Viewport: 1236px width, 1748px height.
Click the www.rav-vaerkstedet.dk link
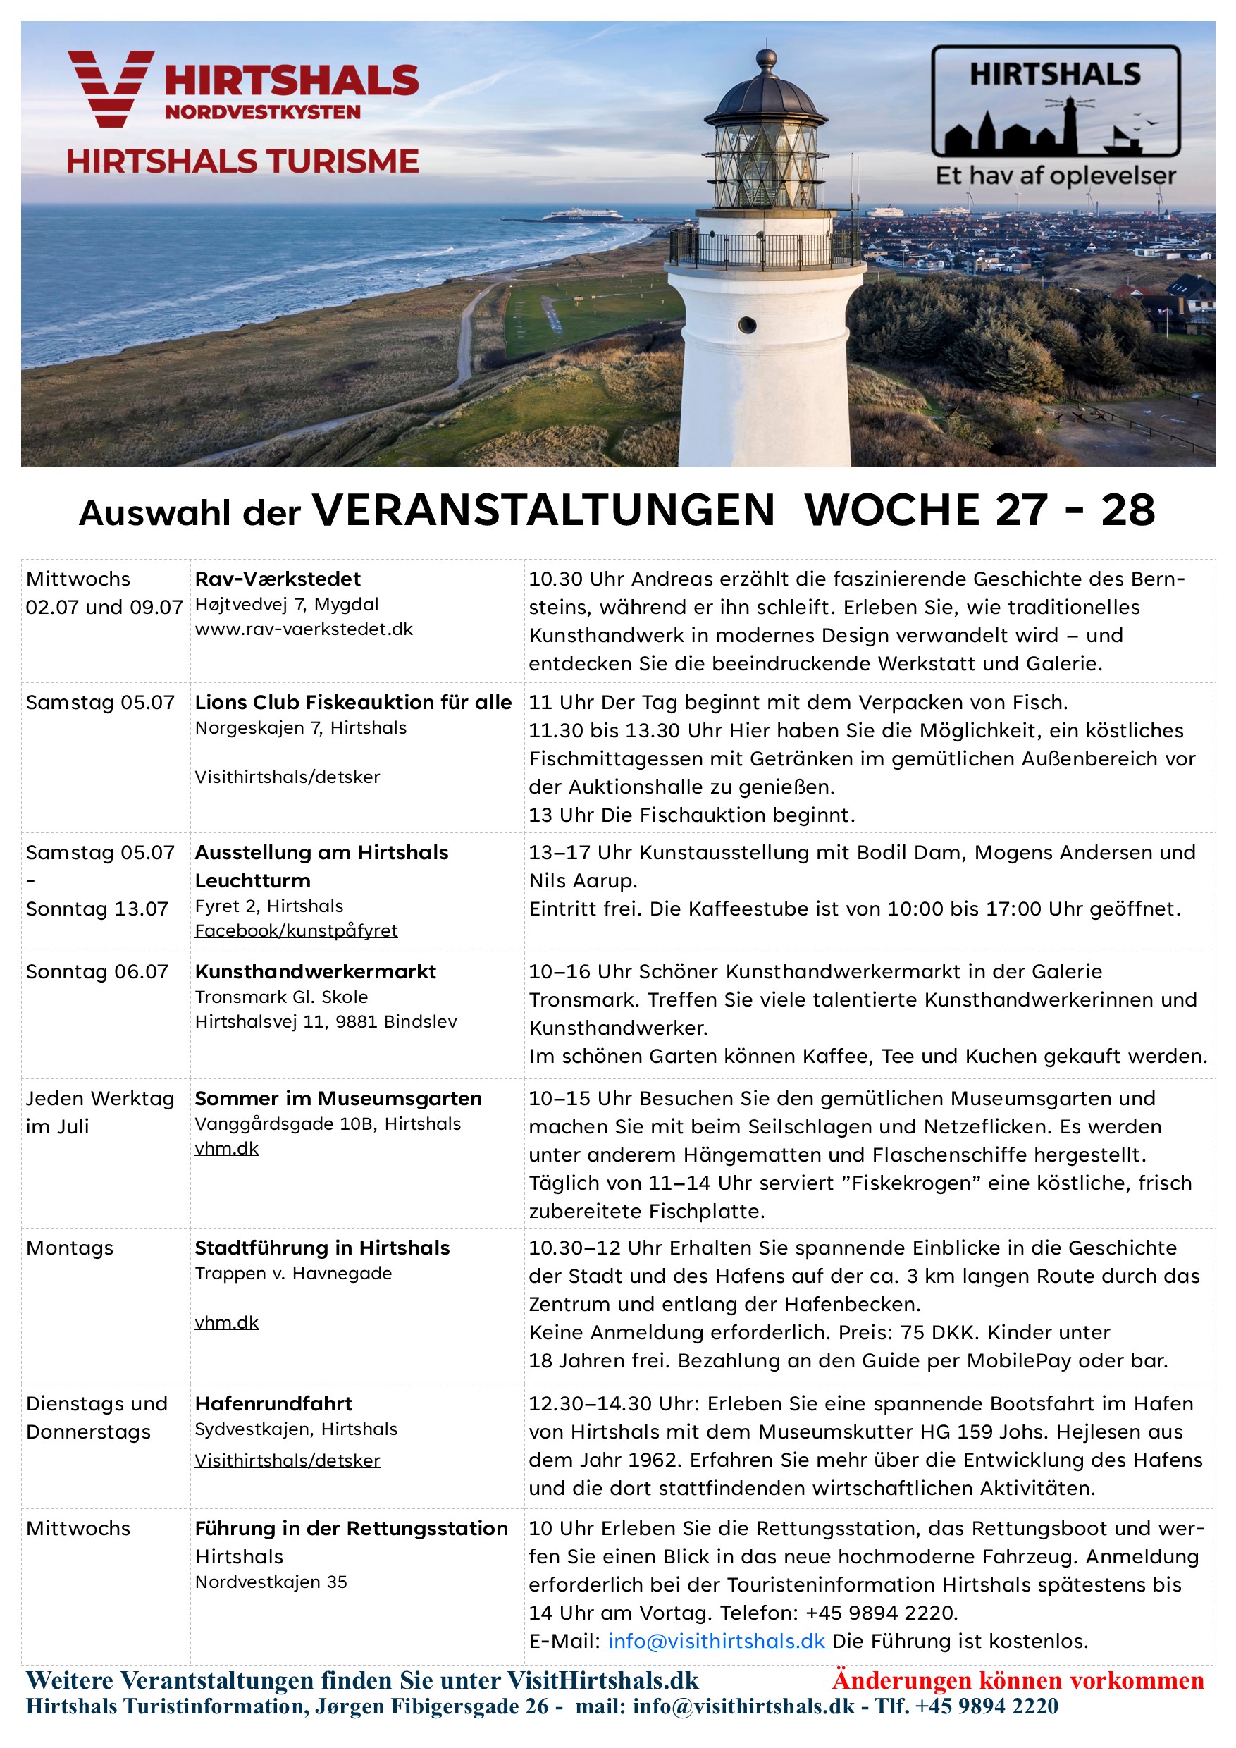click(304, 629)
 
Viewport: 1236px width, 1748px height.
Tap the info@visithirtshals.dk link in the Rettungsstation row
click(716, 1641)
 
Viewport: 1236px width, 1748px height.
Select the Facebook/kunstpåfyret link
click(296, 930)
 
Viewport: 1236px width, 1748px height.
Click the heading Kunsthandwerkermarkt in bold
click(315, 971)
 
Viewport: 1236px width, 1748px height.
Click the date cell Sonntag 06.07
click(97, 971)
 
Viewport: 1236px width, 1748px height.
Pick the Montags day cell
click(69, 1248)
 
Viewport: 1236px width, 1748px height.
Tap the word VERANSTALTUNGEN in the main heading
click(543, 510)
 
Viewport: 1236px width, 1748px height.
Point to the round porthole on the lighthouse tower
click(748, 325)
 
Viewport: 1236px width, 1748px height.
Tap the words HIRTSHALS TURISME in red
click(242, 161)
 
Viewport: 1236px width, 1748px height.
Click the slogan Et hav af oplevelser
click(1056, 176)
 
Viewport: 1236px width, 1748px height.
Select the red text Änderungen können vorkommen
click(1018, 1680)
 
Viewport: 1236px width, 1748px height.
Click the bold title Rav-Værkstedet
click(278, 579)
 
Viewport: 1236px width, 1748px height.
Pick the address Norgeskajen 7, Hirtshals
click(301, 728)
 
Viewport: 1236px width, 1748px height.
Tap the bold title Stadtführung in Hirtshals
click(322, 1248)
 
